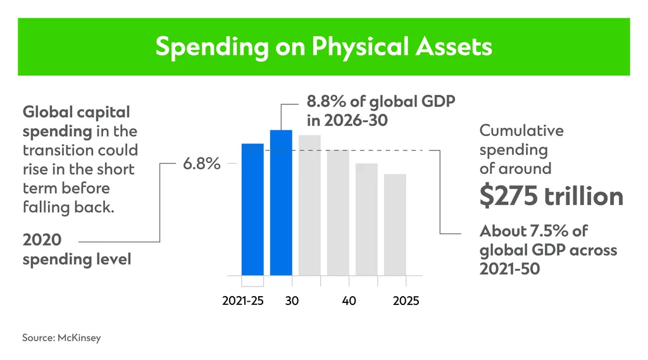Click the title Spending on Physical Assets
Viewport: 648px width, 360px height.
coord(323,46)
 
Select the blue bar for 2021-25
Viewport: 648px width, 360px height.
coord(252,209)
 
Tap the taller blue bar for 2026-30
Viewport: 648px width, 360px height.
coord(281,203)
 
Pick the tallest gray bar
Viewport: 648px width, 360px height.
coord(309,206)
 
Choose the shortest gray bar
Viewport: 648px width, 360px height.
coord(395,225)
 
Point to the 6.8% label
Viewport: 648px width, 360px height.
coord(202,164)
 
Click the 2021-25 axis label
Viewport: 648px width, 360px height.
coord(242,301)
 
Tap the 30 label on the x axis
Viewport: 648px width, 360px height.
coord(292,301)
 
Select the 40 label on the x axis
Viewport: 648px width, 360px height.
coord(349,301)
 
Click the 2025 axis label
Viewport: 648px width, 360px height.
coord(406,301)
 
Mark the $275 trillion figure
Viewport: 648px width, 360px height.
coord(551,196)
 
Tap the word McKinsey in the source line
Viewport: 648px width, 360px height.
coord(79,338)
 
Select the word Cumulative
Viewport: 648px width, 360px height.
coord(521,130)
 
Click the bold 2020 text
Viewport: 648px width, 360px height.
coord(42,240)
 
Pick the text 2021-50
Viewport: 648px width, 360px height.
coord(510,269)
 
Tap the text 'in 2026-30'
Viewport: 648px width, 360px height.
coord(347,120)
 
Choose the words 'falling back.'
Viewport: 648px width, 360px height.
coord(68,207)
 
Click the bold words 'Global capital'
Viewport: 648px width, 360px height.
coord(77,113)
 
